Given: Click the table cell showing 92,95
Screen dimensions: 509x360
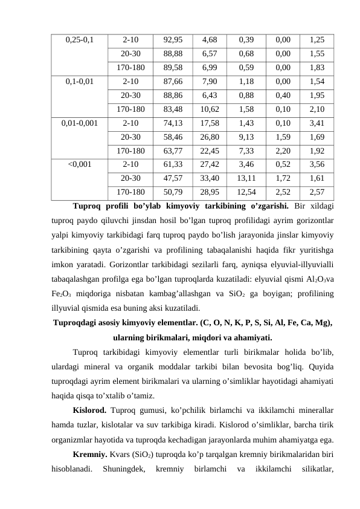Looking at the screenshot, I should pos(173,41).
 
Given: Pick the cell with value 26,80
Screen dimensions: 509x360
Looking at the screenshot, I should pos(210,137).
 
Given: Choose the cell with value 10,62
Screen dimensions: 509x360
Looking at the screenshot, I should pos(210,109).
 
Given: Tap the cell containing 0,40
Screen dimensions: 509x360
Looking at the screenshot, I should pos(281,96).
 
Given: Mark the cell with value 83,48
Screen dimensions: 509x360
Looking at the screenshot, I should pos(173,109).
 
